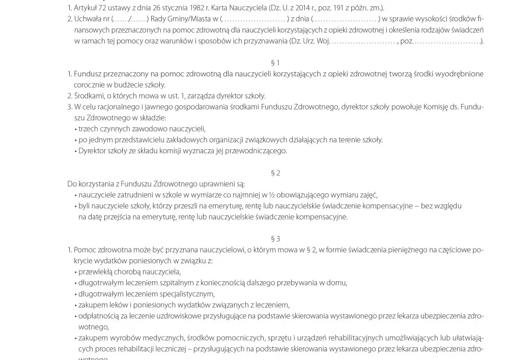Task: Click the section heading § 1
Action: (275, 63)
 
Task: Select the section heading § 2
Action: (275, 173)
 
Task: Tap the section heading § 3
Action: (275, 238)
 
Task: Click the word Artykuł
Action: (84, 8)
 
